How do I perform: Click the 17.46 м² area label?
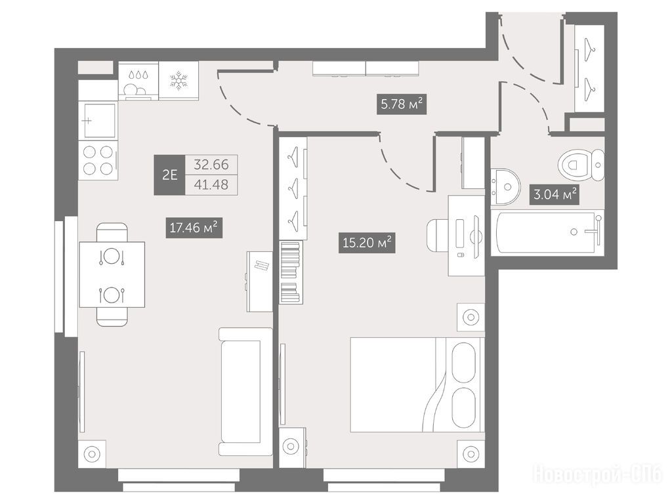[194, 228]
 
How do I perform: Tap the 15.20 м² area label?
[367, 243]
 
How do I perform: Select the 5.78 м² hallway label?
[402, 104]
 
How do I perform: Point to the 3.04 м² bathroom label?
[555, 194]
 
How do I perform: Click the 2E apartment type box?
[170, 175]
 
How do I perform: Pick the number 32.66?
[211, 165]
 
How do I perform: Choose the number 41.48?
[211, 184]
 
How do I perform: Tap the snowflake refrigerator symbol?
[178, 81]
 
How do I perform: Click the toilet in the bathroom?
[581, 165]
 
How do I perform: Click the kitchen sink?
[98, 121]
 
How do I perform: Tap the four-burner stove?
[98, 160]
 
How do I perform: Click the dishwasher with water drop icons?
[138, 81]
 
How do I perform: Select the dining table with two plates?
[112, 275]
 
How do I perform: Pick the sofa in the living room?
[245, 392]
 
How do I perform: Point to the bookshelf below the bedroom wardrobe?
[291, 272]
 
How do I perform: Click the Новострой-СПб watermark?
[597, 474]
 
